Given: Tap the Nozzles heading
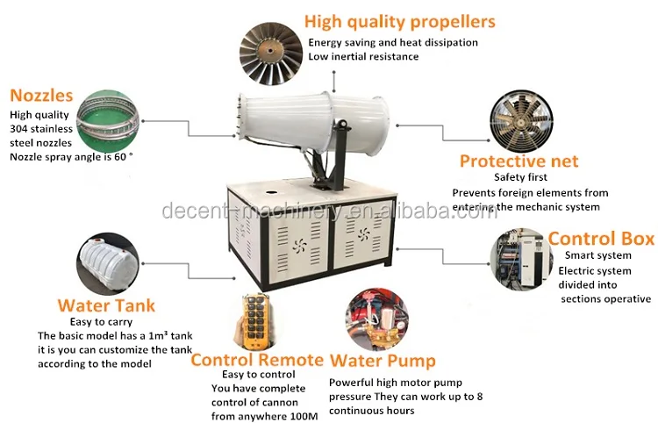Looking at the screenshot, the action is (x=41, y=96).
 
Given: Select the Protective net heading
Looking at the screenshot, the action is (x=519, y=161).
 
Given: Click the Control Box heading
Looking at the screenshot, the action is (x=601, y=238).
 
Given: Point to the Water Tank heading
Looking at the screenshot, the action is (x=106, y=305).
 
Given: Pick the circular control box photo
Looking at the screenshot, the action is (x=518, y=259).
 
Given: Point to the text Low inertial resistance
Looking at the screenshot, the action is (x=362, y=57).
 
